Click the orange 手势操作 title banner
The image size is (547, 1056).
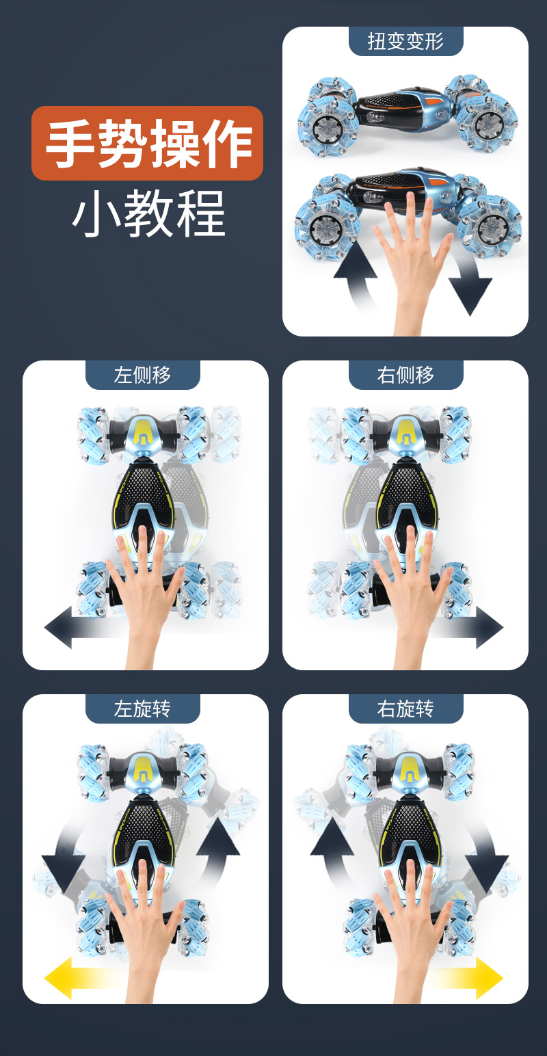click(147, 143)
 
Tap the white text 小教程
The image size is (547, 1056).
click(148, 213)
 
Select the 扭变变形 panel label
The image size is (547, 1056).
click(405, 41)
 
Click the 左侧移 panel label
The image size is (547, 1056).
click(142, 375)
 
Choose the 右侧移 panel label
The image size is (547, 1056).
click(405, 375)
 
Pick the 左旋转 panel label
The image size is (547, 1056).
click(142, 709)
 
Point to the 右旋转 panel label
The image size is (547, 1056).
click(405, 709)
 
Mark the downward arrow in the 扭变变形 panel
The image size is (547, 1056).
click(470, 287)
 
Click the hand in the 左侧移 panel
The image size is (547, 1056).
click(145, 588)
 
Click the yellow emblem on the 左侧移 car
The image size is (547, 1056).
click(143, 431)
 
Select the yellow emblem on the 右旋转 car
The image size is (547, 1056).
click(409, 766)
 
